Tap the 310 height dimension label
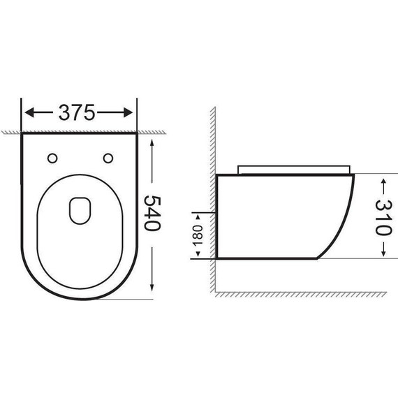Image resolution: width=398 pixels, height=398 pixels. point(383,217)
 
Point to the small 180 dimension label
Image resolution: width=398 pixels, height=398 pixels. point(198,234)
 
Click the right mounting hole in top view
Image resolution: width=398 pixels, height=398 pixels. point(108,157)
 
